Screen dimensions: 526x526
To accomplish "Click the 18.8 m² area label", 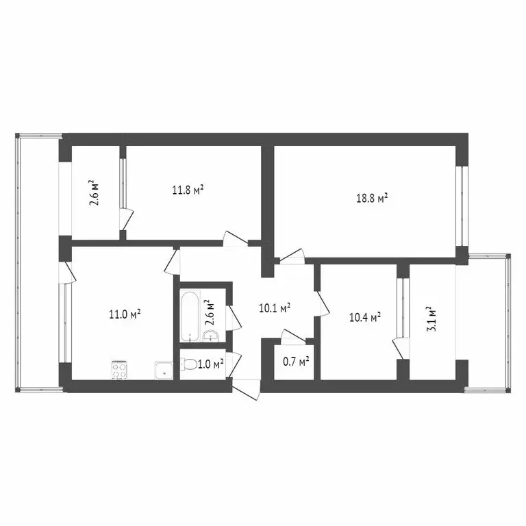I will (373, 199).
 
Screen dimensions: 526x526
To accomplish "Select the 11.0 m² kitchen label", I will (125, 314).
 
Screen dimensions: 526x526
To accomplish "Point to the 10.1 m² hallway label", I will (274, 308).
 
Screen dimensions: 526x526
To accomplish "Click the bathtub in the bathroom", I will (189, 315).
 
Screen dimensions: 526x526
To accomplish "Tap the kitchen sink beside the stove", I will (164, 371).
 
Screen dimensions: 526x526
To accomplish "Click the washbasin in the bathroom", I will (211, 335).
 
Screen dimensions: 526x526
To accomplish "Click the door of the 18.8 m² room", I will (291, 256).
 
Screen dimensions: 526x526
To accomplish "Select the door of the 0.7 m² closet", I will (293, 336).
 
